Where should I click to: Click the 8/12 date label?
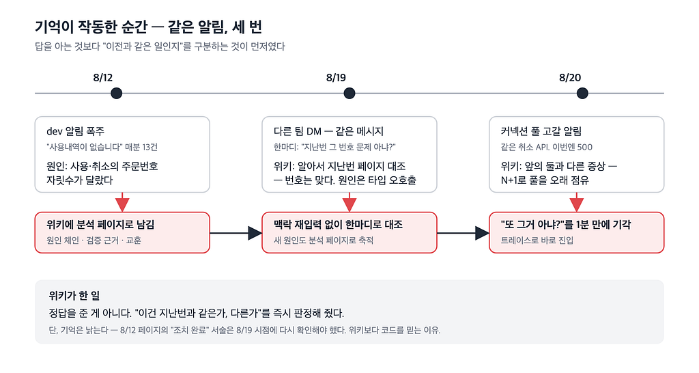102,78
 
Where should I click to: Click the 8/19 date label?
336,78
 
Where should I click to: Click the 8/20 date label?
570,78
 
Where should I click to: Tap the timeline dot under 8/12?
116,93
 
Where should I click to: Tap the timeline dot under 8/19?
349,93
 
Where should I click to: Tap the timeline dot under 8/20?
582,93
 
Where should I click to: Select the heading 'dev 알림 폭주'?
75,131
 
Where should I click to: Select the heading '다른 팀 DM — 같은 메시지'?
328,131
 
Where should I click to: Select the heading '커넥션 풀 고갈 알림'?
541,131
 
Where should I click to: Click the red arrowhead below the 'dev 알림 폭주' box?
122,204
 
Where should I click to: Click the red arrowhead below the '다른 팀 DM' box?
349,204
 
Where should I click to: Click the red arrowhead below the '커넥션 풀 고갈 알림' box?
576,204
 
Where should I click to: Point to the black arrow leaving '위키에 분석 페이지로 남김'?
236,233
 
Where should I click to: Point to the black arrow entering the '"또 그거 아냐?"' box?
463,233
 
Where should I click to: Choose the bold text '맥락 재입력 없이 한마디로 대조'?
338,225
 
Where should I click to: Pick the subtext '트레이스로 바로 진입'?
537,240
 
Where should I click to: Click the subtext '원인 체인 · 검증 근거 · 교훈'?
94,240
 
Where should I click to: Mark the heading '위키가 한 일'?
74,295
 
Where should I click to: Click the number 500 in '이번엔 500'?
585,148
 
